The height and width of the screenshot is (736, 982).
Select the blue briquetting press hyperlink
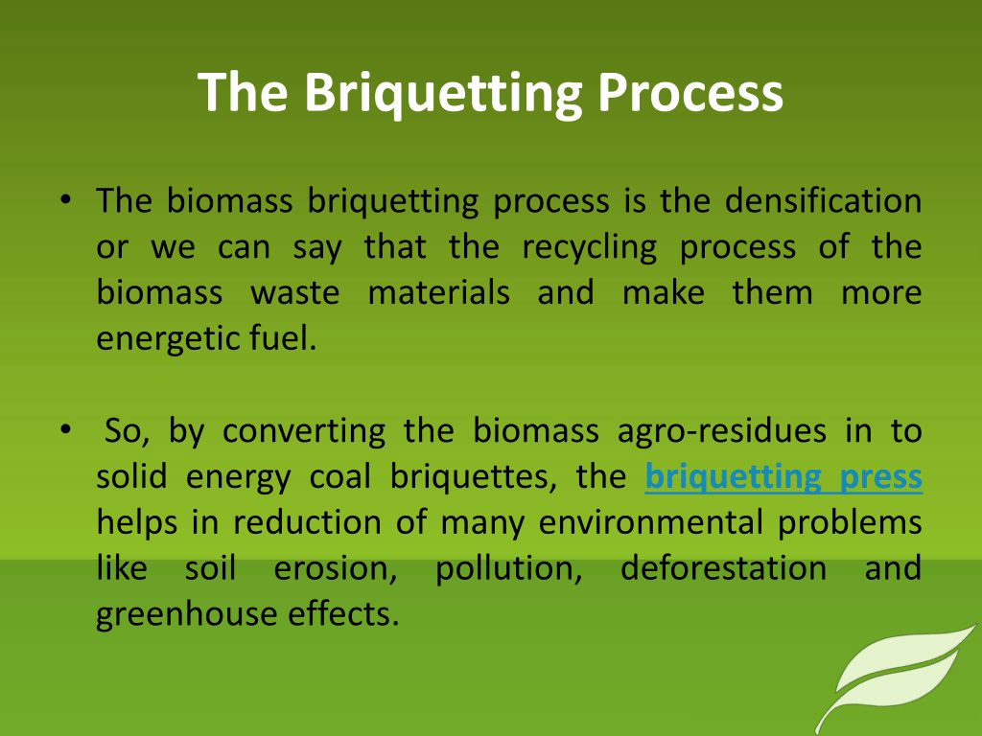point(783,477)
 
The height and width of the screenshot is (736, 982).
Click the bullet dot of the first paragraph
point(66,199)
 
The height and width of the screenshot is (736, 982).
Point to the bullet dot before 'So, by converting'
point(66,430)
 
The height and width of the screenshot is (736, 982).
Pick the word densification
point(823,201)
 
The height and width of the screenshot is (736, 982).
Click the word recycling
point(590,248)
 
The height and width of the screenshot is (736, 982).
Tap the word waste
point(295,293)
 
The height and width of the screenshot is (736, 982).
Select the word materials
point(438,292)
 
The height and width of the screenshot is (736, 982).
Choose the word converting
point(304,431)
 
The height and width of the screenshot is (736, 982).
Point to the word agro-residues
point(722,431)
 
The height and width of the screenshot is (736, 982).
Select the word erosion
point(336,568)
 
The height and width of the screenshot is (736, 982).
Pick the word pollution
point(509,569)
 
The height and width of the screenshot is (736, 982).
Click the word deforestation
point(723,568)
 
